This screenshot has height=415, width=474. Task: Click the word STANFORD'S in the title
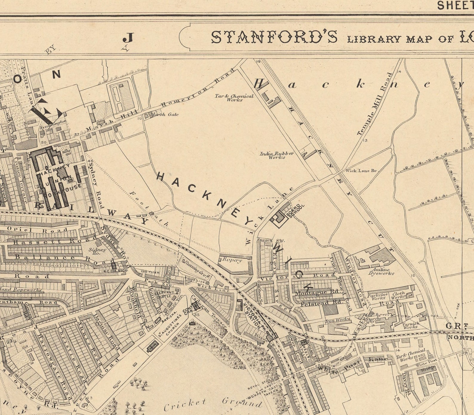point(275,37)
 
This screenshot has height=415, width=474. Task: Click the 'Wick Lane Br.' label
point(361,171)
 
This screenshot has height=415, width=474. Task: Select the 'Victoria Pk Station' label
point(254,316)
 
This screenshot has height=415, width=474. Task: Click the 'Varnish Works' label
point(412,325)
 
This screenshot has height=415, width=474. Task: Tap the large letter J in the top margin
point(128,38)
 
